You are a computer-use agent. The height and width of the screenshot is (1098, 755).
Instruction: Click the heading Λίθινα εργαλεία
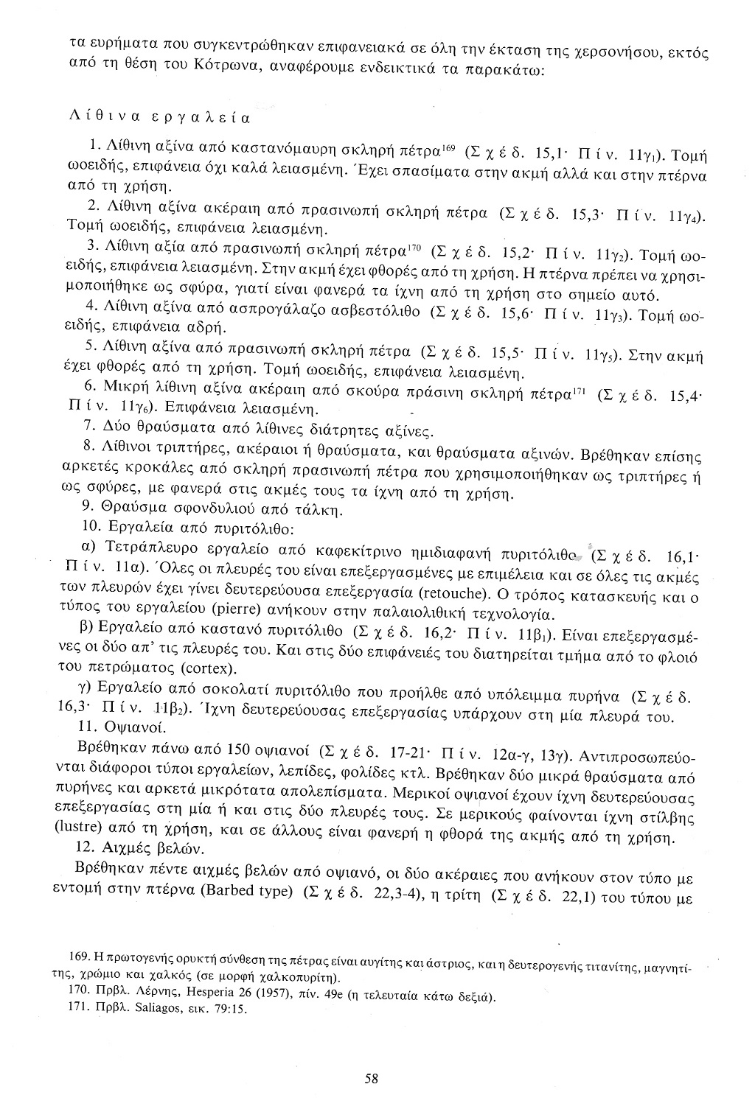click(x=159, y=116)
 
